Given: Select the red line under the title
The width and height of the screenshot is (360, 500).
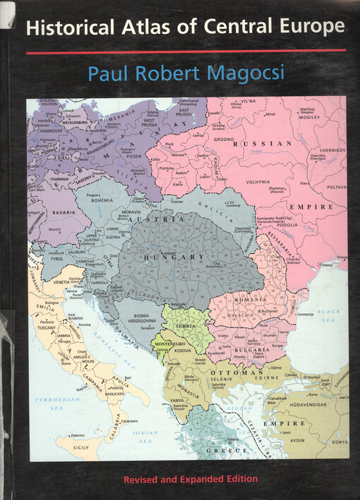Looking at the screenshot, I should coord(186,51).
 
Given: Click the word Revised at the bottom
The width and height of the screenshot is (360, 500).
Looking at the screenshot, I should coord(144,480).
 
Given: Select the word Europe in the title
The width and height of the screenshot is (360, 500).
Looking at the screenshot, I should coord(311,28).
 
